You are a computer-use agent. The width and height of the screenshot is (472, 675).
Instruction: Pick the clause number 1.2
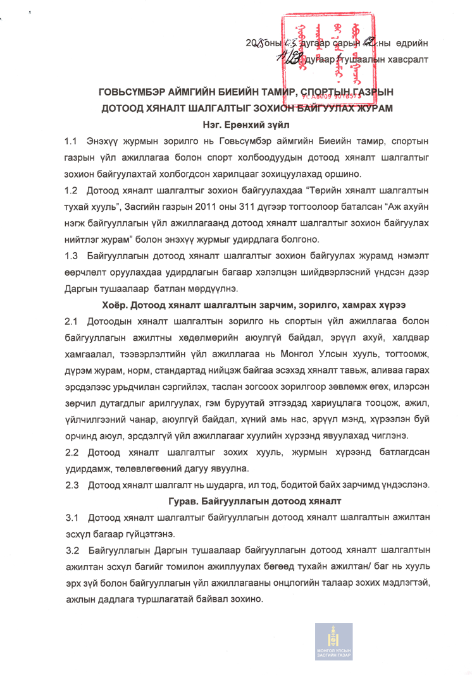[x=70, y=189]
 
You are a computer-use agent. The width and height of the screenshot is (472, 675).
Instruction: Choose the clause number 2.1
[x=70, y=322]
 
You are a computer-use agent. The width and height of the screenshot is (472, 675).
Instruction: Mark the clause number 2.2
[x=70, y=453]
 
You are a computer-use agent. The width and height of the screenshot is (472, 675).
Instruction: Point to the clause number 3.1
[x=70, y=518]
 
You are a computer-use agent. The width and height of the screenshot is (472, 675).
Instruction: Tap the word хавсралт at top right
[x=402, y=59]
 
